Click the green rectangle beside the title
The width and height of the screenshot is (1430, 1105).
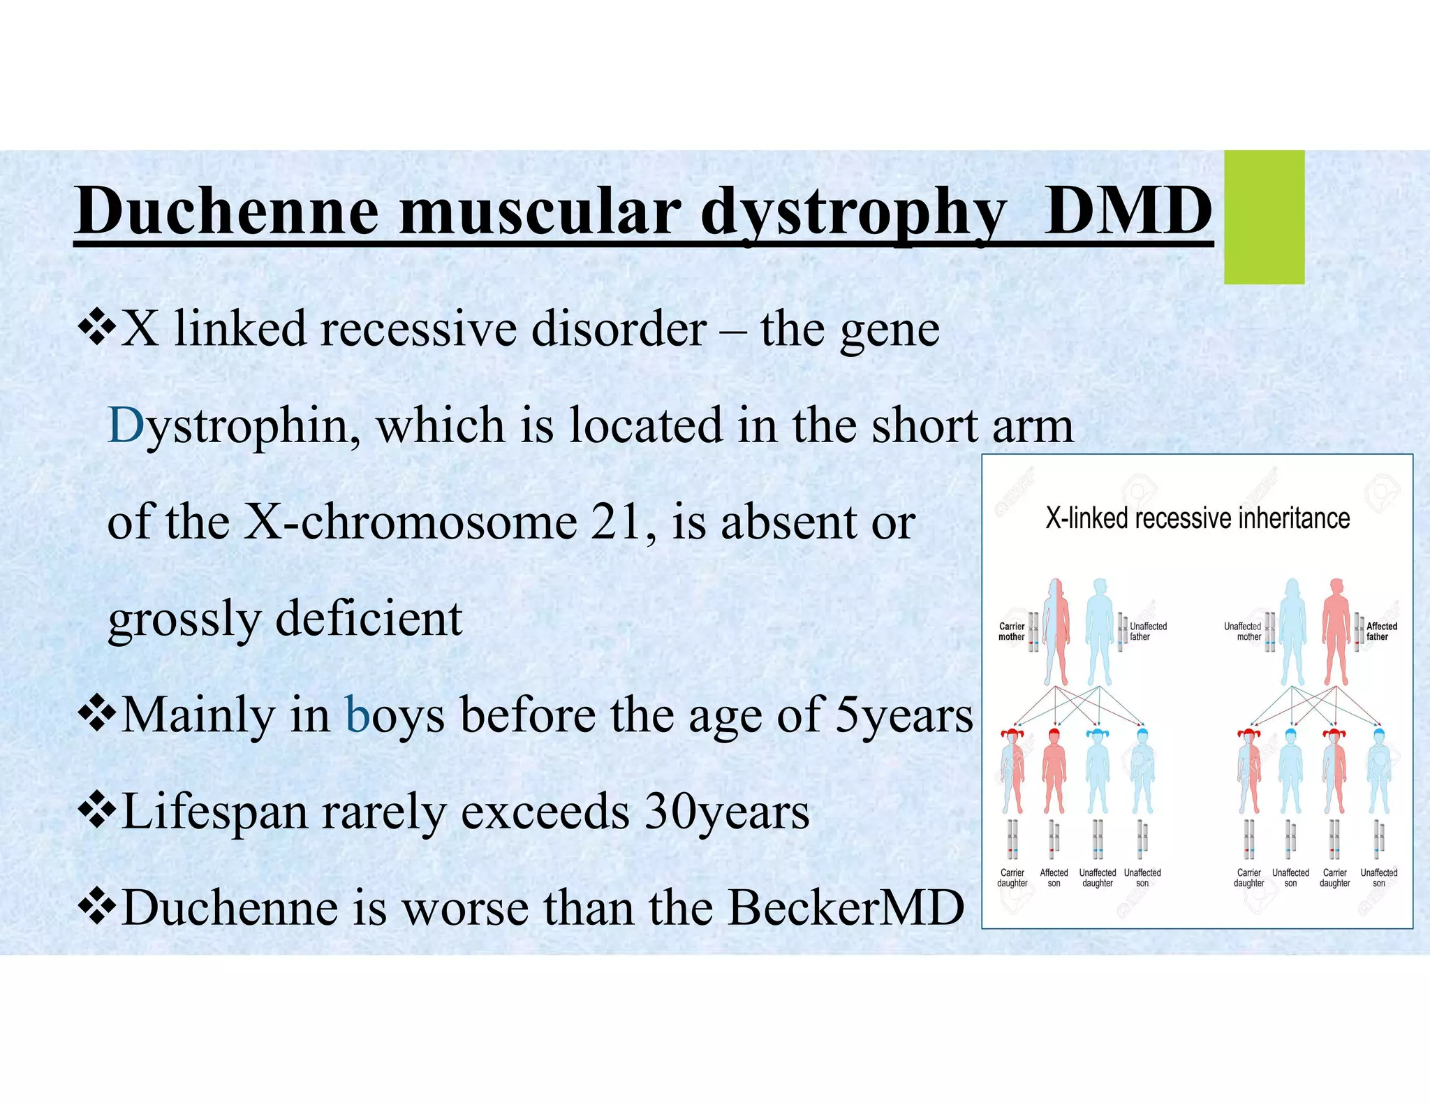(1264, 217)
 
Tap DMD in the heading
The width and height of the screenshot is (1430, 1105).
(1127, 211)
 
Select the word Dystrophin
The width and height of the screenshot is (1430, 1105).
(235, 425)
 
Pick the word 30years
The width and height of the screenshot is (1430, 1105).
(726, 812)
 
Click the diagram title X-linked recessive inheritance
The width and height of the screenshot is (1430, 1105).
(1197, 518)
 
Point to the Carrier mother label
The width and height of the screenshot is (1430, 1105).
(1011, 631)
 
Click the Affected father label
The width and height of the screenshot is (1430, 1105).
(1381, 631)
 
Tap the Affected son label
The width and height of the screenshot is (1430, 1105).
(1054, 878)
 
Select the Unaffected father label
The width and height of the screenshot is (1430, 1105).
(1148, 631)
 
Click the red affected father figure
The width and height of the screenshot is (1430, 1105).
(1336, 632)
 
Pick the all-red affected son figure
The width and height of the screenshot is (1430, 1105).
(1054, 772)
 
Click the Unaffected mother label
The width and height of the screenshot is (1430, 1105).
(1243, 631)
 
